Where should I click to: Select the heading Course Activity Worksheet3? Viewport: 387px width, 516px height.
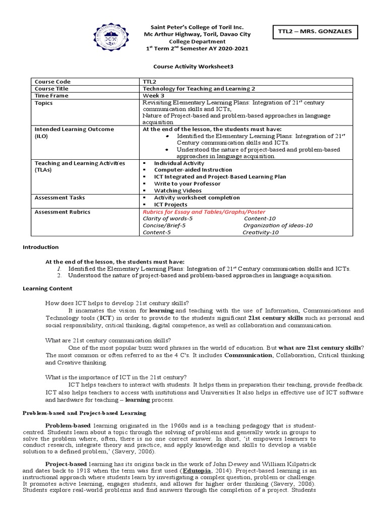pyautogui.click(x=193, y=66)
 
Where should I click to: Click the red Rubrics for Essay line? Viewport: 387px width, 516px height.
pyautogui.click(x=204, y=212)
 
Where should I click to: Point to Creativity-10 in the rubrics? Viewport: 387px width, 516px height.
pyautogui.click(x=261, y=232)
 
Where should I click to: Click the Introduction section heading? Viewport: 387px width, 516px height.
pyautogui.click(x=41, y=247)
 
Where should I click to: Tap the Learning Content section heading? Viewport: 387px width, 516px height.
pyautogui.click(x=48, y=288)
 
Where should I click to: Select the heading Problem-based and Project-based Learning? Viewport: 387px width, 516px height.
pyautogui.click(x=85, y=413)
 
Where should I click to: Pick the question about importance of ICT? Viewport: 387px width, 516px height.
pyautogui.click(x=116, y=377)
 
